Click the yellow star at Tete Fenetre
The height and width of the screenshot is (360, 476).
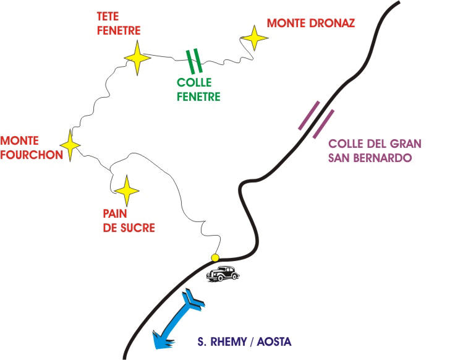[137, 59]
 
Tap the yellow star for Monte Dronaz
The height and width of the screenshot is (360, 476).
[254, 39]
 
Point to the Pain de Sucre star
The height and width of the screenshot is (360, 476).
[127, 191]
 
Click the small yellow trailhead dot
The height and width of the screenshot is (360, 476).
[215, 257]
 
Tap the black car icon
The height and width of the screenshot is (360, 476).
[223, 273]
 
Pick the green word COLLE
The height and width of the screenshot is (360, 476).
[193, 82]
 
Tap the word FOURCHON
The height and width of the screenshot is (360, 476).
[32, 155]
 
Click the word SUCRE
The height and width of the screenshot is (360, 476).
[140, 228]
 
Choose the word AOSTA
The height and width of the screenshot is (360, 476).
[272, 341]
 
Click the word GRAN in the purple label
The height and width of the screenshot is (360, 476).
[406, 143]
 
